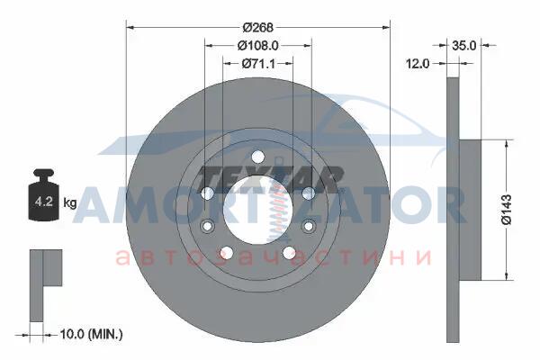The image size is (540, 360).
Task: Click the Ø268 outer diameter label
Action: point(257,27)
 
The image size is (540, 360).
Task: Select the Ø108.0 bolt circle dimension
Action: point(258,45)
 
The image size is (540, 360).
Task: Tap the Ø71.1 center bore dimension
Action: point(258,63)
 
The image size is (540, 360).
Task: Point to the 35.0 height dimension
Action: point(463,45)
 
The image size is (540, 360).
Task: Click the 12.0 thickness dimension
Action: point(418,63)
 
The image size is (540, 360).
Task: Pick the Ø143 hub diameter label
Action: point(507,210)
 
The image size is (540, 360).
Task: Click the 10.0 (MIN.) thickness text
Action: point(91,334)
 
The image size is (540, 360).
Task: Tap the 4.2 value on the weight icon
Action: point(44,202)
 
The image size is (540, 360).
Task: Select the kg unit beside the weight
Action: point(70,202)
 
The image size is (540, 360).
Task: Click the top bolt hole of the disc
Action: point(257,157)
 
